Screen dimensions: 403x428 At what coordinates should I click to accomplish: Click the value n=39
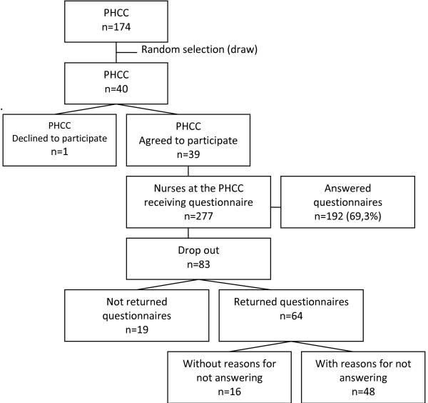click(x=188, y=152)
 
